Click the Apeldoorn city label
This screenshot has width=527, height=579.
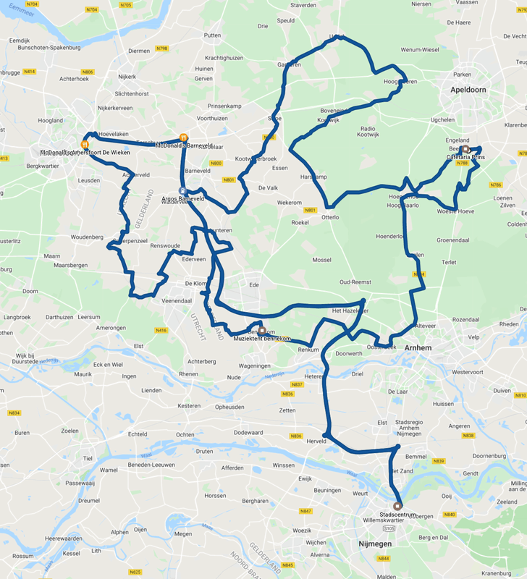(x=468, y=90)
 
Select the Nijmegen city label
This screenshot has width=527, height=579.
(x=375, y=543)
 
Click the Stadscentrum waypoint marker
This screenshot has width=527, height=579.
(x=397, y=506)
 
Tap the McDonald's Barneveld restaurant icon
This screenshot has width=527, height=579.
(x=184, y=136)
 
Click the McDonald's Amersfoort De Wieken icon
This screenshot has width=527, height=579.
(x=85, y=144)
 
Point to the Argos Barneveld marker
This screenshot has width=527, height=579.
(x=182, y=191)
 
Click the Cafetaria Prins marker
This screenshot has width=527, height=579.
(x=464, y=150)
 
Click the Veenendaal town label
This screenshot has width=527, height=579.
(x=176, y=300)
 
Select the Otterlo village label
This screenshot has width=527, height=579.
(x=330, y=217)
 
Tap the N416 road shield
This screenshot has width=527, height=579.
(x=161, y=330)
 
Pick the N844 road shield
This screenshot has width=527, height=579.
(x=383, y=559)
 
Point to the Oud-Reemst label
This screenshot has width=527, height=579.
(x=355, y=282)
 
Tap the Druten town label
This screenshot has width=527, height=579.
(x=205, y=452)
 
